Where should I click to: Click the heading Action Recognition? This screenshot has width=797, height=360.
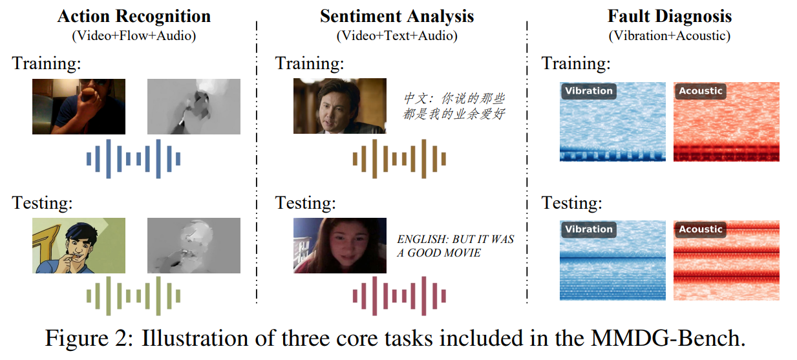coord(134,16)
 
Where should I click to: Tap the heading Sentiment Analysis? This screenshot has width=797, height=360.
coord(397,16)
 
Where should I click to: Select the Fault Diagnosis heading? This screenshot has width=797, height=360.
coord(669,16)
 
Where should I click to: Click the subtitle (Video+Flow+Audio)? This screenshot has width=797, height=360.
coord(134,36)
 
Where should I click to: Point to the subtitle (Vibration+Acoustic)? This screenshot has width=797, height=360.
coord(669,36)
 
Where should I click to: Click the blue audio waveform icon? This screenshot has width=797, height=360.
coord(133,158)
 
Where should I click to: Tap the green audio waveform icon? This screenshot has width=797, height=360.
coord(133,296)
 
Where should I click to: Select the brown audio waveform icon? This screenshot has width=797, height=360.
coord(399,158)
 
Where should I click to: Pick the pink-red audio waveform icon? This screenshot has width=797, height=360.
coord(399,296)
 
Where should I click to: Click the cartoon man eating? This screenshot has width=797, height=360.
coord(79,246)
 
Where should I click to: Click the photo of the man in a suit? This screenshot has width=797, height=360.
coord(340,106)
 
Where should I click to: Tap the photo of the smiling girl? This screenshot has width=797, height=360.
coord(340,246)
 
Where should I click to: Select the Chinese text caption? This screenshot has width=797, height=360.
coord(454,106)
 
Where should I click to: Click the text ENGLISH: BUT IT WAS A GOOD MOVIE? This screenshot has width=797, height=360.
coord(456,246)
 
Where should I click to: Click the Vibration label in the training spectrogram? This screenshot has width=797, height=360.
coord(589,90)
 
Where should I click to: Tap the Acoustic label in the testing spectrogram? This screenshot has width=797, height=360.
coord(701,229)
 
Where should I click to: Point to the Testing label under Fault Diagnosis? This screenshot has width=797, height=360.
coord(572,203)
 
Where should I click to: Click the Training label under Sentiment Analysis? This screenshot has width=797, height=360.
coord(310,64)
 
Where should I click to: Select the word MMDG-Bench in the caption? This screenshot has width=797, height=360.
coord(668,338)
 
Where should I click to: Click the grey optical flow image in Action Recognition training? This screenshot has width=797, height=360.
coord(194,107)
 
